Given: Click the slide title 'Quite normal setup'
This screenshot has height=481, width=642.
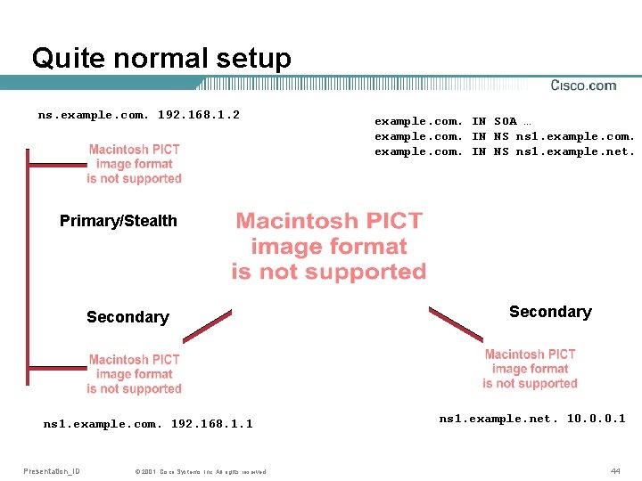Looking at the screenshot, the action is (161, 59).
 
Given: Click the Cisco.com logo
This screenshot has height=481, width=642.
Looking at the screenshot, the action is (583, 86).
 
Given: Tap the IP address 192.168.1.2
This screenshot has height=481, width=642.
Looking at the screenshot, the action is (199, 115).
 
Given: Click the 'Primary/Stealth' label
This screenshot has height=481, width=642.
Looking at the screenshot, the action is (119, 221).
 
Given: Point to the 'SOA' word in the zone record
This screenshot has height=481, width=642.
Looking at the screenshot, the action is (505, 121).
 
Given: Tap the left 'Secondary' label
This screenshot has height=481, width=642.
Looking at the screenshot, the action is (128, 317).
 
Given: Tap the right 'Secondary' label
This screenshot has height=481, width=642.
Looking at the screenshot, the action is (550, 312).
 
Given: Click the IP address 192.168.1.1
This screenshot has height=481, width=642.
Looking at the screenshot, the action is (211, 424).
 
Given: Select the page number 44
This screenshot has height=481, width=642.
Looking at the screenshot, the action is (615, 470).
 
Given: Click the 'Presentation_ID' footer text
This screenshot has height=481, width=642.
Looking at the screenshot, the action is (52, 470).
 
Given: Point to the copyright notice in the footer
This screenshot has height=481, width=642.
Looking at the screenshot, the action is (200, 471).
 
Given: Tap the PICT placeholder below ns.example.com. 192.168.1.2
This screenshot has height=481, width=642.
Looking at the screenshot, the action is (134, 164).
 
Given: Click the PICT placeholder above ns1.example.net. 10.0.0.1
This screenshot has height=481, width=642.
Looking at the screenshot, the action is (531, 369).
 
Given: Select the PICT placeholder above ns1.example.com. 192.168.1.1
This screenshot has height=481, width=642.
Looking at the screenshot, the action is (134, 374).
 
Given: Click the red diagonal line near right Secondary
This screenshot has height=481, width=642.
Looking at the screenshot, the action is (456, 323).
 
